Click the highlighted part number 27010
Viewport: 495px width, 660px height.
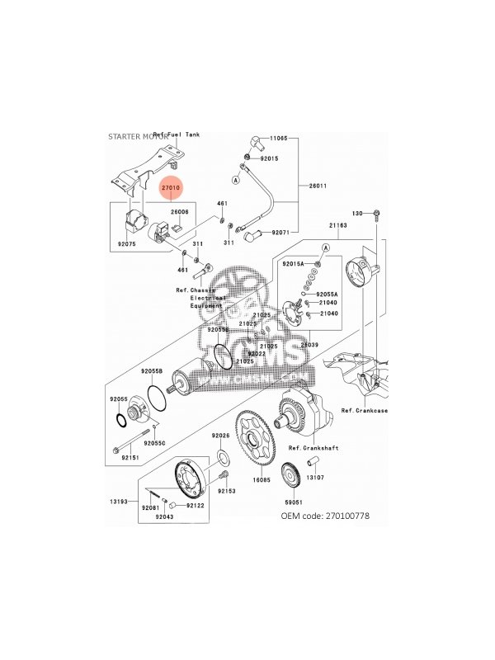pyautogui.click(x=171, y=188)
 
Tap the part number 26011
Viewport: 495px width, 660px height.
pyautogui.click(x=318, y=186)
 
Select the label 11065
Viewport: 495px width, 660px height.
pyautogui.click(x=276, y=140)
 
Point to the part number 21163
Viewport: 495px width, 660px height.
pyautogui.click(x=339, y=224)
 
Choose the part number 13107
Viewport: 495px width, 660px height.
pyautogui.click(x=317, y=478)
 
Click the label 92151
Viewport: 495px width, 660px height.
pyautogui.click(x=130, y=456)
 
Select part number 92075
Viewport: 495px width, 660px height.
pyautogui.click(x=127, y=244)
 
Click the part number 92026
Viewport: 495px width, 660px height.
pyautogui.click(x=221, y=435)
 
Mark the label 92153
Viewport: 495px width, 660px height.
pyautogui.click(x=227, y=491)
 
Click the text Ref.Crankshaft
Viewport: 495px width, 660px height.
pyautogui.click(x=309, y=449)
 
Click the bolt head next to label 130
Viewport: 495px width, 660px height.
pyautogui.click(x=377, y=214)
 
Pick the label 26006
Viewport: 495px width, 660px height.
pyautogui.click(x=181, y=212)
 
